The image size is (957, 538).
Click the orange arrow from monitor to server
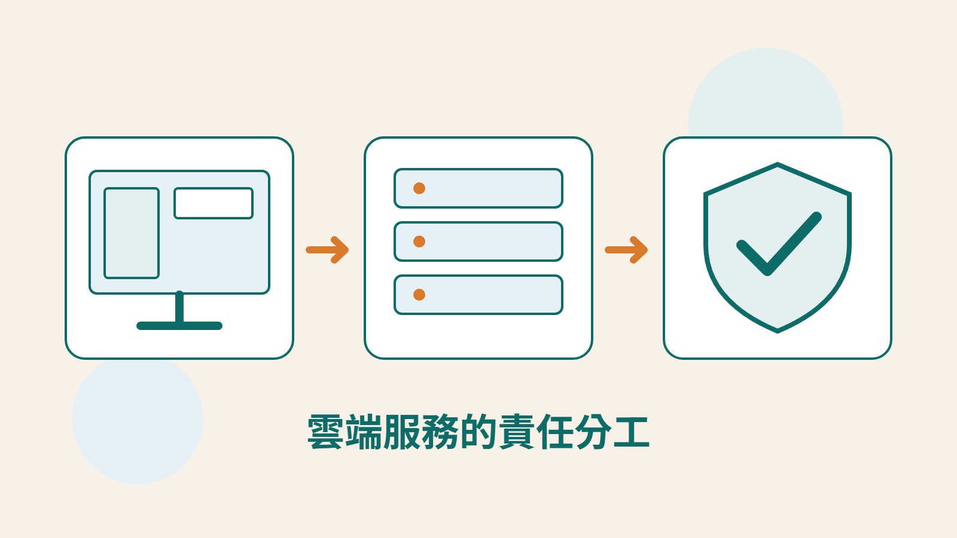point(327,250)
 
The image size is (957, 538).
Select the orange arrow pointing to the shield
point(626,250)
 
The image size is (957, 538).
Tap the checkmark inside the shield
point(779,244)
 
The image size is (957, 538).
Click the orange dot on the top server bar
point(419,188)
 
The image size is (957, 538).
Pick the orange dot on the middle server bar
point(419,242)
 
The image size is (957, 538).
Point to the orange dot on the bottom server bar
point(419,295)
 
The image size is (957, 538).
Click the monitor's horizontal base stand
point(179,326)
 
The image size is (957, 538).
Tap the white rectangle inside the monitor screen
point(214,203)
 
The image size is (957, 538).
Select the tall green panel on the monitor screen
point(132,233)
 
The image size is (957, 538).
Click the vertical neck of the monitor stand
point(179,307)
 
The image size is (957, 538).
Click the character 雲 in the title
point(325,432)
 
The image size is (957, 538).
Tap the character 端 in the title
point(363,432)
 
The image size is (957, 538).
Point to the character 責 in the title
point(516,432)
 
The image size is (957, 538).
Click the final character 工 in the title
point(632,432)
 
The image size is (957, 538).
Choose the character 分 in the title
point(593,432)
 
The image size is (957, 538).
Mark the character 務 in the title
point(440,432)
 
